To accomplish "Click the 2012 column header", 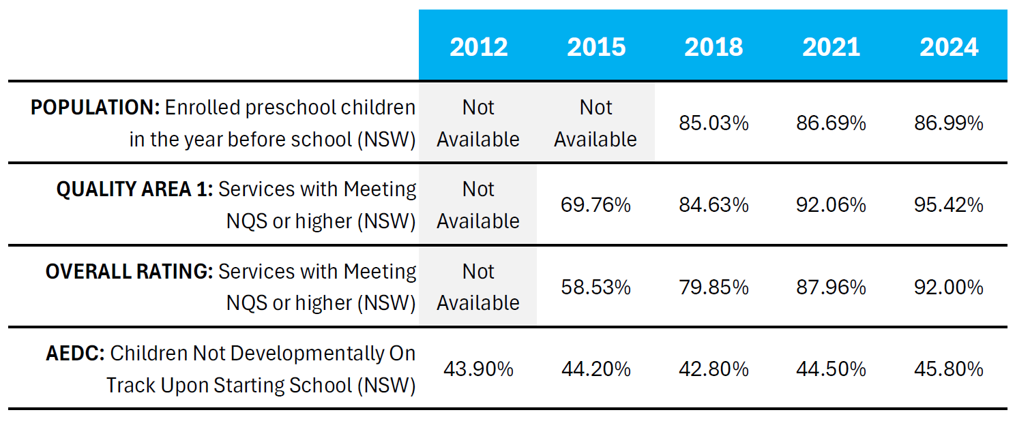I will (x=478, y=47).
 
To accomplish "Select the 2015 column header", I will (x=595, y=47).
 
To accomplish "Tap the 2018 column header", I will (x=714, y=47).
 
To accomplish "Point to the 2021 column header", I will (x=831, y=47).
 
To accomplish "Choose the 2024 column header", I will (x=949, y=47).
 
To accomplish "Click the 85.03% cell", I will (x=714, y=123).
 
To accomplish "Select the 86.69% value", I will (x=831, y=123).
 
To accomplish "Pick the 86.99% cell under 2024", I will (x=949, y=123).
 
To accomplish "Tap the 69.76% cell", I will (x=595, y=205).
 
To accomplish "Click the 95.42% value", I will (x=949, y=205).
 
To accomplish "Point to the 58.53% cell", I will (x=595, y=287).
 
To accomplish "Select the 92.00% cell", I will (x=949, y=287).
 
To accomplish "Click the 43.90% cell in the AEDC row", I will (x=478, y=369).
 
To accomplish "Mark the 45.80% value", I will (x=949, y=369).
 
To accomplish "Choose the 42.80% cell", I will (x=714, y=369).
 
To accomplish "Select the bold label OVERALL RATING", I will (x=129, y=271).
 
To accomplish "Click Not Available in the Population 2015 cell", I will (x=595, y=123).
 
